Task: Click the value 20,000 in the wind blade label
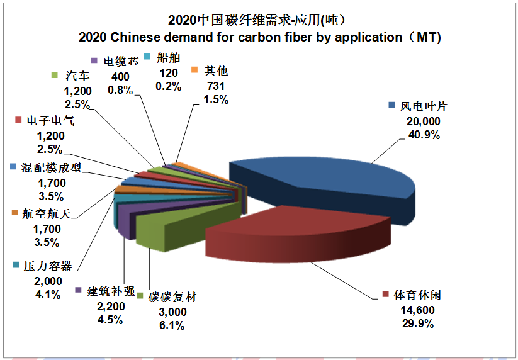click(x=424, y=121)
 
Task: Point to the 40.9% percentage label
click(x=424, y=135)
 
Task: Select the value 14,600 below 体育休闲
click(x=417, y=310)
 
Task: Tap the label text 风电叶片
click(x=424, y=106)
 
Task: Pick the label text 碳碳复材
click(x=172, y=297)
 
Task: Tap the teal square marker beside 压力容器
click(x=15, y=266)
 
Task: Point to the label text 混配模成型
click(x=51, y=168)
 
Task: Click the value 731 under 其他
click(x=215, y=86)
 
